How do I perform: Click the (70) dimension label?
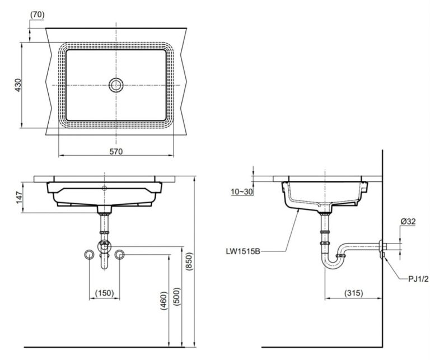pos(37,15)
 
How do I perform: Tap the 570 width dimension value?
pos(116,151)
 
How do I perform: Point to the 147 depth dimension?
pos(18,197)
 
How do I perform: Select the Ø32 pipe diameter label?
pos(407,221)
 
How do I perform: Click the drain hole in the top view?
pos(116,85)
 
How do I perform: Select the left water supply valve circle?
pos(88,255)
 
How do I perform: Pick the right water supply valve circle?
pos(119,255)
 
